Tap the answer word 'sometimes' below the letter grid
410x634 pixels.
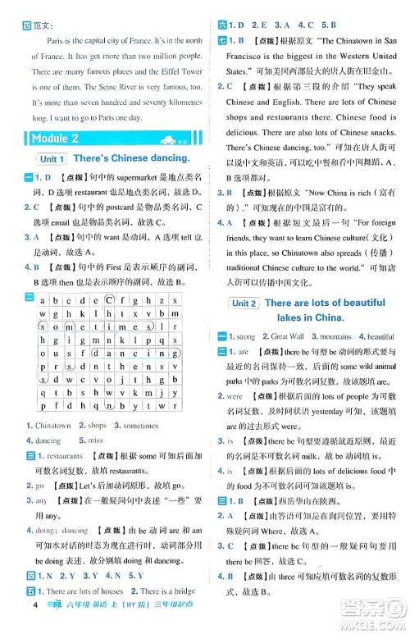pos(140,426)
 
